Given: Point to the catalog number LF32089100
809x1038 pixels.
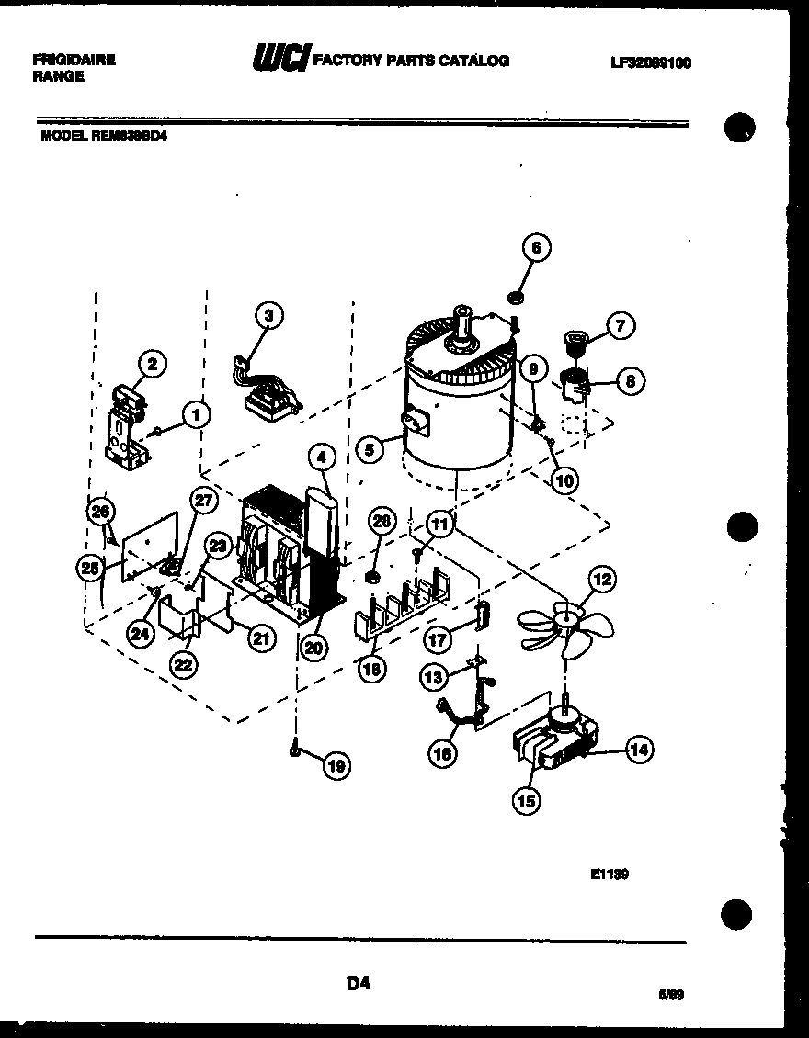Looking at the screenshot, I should (650, 63).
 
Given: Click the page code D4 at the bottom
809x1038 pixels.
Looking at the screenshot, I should (358, 984).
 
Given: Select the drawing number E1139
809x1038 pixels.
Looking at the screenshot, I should (609, 874).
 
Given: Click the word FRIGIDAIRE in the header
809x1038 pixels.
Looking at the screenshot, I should (74, 59).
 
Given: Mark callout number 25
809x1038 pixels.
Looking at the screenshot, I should (89, 569).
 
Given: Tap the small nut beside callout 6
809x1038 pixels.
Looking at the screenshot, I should (514, 297).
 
